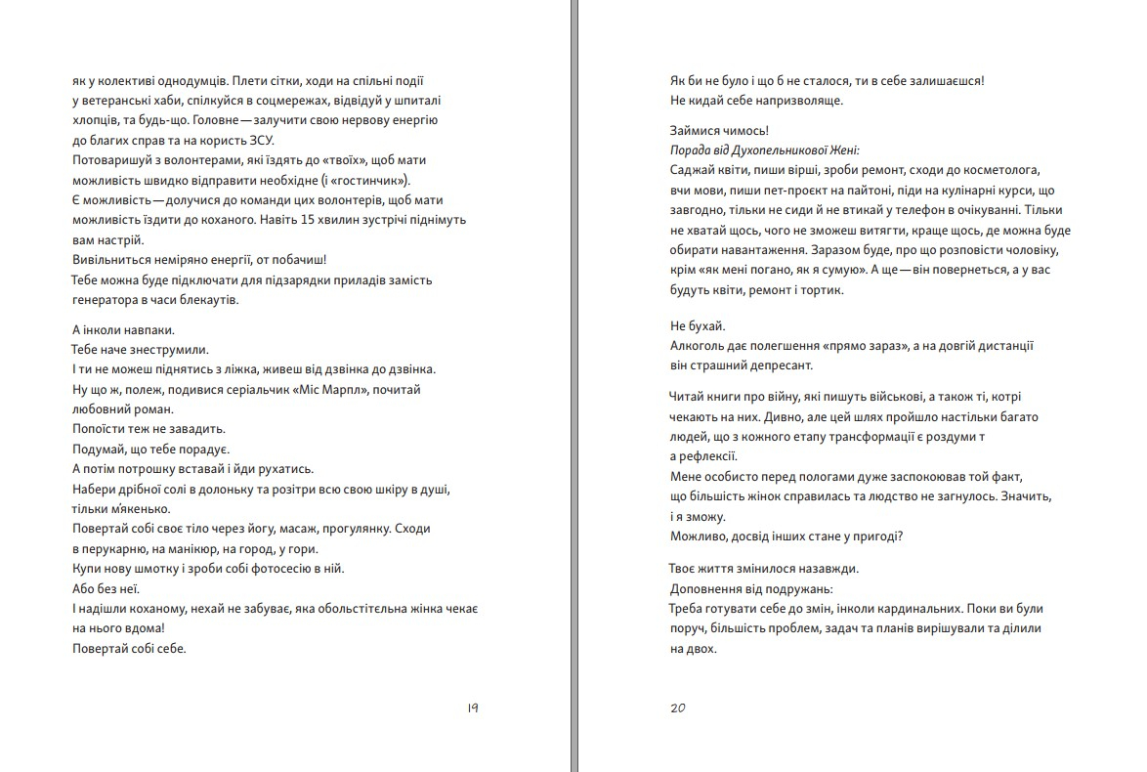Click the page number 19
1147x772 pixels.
pos(472,708)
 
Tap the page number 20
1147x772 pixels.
pos(678,708)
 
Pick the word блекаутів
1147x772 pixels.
pos(206,300)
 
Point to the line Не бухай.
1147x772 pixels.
pos(698,326)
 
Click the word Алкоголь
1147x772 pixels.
pos(699,346)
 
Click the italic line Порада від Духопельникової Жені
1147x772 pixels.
pos(764,150)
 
